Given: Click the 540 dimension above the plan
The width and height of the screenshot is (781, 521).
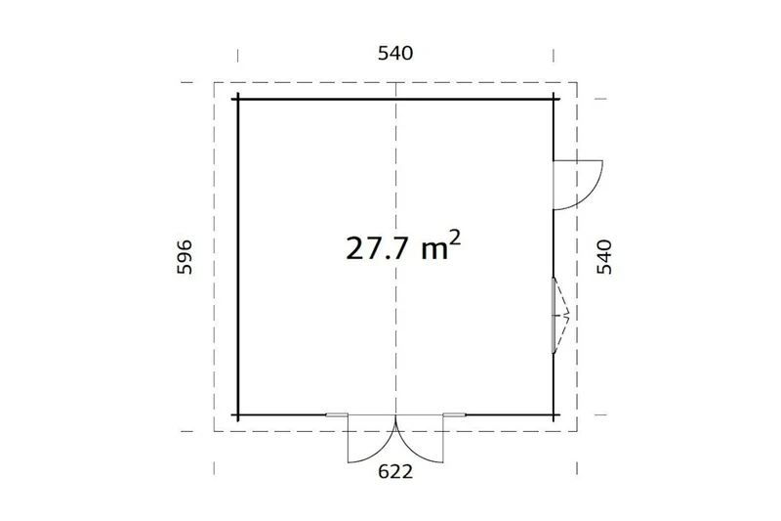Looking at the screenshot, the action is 395,53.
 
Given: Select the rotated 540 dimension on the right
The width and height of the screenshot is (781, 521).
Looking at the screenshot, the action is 604,257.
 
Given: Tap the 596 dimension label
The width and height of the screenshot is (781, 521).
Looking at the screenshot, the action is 185,257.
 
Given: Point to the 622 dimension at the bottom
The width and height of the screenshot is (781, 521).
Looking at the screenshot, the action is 395,471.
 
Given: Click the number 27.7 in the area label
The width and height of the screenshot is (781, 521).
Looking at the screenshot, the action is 377,248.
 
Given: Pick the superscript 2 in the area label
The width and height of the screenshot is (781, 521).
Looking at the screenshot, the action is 455,239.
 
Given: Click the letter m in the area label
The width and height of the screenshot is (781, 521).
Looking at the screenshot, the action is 434,251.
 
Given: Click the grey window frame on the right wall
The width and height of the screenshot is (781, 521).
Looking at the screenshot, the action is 554,315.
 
